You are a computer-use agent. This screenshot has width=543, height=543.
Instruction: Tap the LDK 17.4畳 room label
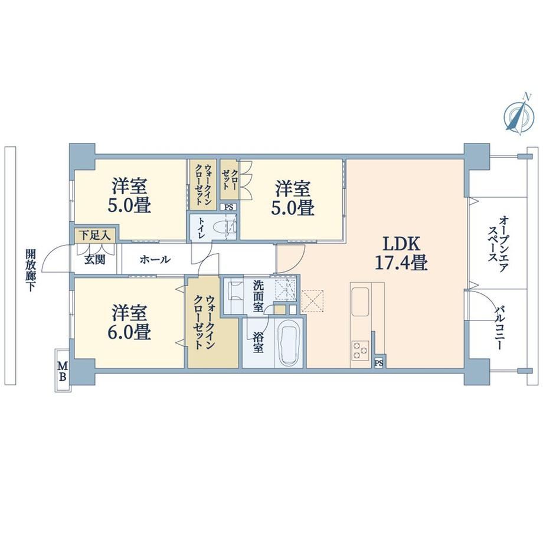pyautogui.click(x=401, y=253)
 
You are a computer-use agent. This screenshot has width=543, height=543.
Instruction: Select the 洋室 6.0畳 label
pyautogui.click(x=130, y=323)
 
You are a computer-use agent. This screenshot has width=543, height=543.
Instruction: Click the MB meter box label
pyautogui.click(x=63, y=371)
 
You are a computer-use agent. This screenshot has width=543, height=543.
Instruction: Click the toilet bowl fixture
pyautogui.click(x=225, y=227)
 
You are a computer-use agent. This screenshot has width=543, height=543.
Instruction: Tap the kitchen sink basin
pyautogui.click(x=360, y=301)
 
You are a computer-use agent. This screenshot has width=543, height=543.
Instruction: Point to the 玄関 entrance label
pyautogui.click(x=95, y=259)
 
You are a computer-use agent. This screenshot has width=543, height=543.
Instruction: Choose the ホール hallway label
pyautogui.click(x=155, y=259)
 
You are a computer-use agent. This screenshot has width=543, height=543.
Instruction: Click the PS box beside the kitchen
pyautogui.click(x=379, y=363)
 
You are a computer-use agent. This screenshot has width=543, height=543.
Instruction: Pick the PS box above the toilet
pyautogui.click(x=228, y=207)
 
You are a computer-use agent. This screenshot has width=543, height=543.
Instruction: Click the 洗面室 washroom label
pyautogui.click(x=259, y=296)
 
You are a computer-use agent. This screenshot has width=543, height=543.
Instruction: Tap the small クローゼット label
pyautogui.click(x=229, y=180)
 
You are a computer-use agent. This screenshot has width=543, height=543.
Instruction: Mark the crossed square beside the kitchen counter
pyautogui.click(x=313, y=301)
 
